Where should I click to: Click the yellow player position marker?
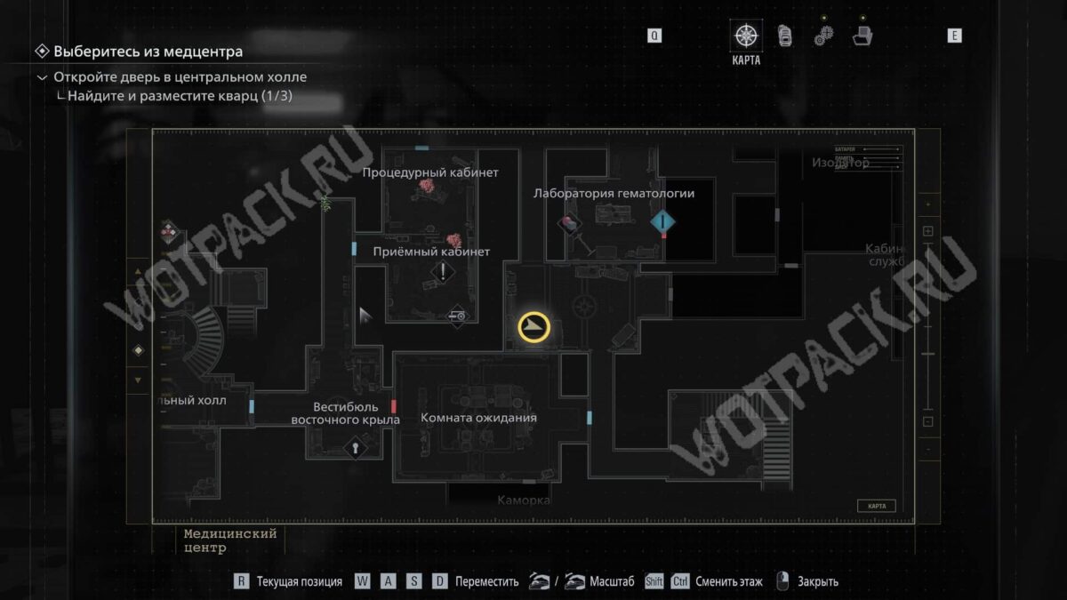click(x=533, y=328)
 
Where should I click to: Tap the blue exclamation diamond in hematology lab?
click(x=662, y=221)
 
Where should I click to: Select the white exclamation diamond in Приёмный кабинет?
click(x=442, y=273)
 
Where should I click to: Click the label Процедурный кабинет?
click(x=430, y=172)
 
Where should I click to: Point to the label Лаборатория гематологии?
click(x=614, y=193)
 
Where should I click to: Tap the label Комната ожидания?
click(x=478, y=418)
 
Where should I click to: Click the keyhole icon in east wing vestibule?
click(x=355, y=447)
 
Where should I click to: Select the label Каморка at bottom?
click(x=524, y=500)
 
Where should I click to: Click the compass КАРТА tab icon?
click(x=745, y=36)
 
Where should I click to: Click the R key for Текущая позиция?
click(x=241, y=581)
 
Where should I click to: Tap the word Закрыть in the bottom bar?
click(x=818, y=582)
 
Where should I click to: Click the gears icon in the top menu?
click(x=823, y=36)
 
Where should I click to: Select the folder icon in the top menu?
click(x=862, y=36)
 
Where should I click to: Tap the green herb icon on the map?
click(x=325, y=203)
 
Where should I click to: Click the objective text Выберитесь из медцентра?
click(x=148, y=52)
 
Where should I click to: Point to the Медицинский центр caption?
click(x=229, y=540)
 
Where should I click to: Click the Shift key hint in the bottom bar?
click(x=654, y=581)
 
